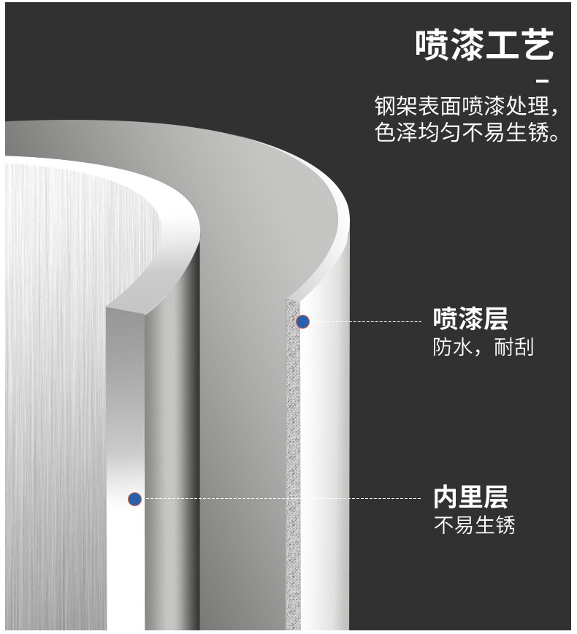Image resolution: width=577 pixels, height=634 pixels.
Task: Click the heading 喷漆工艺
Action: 485,45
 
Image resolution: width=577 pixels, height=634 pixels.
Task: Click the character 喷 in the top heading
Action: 433,45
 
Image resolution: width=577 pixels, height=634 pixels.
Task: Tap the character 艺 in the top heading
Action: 538,45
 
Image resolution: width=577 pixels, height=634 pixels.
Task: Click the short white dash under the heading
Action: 542,80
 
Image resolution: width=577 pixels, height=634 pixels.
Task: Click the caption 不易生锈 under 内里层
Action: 474,525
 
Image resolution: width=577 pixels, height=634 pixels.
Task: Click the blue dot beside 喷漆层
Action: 302,321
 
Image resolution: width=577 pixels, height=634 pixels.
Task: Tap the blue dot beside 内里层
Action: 134,500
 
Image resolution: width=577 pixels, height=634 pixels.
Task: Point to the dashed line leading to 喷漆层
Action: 365,321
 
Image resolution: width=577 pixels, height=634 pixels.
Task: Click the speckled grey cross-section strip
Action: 292,467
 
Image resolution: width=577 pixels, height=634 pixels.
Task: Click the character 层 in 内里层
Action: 495,498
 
